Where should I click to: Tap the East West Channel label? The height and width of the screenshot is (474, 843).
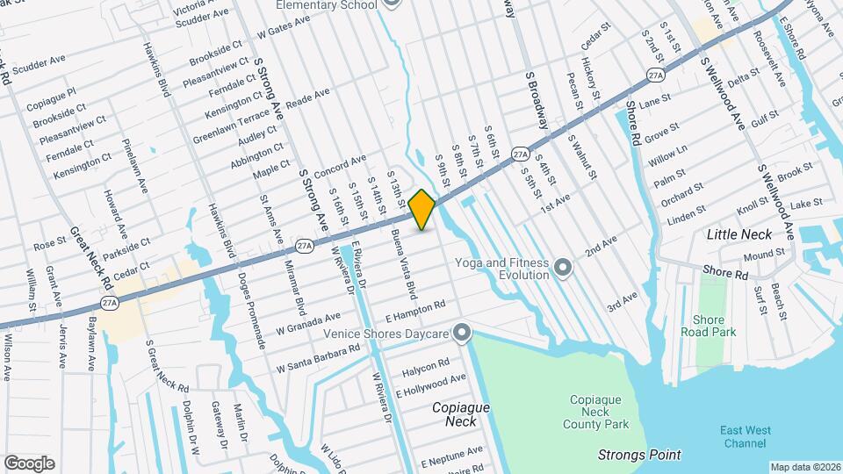[745, 436]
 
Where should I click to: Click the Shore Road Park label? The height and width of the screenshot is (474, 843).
[708, 326]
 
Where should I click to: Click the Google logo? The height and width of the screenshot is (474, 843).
[29, 463]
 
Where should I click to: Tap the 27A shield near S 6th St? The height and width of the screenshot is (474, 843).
[521, 154]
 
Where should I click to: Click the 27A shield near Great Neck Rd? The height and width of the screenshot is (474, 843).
[110, 303]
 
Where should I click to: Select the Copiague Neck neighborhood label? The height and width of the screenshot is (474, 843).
[460, 414]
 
